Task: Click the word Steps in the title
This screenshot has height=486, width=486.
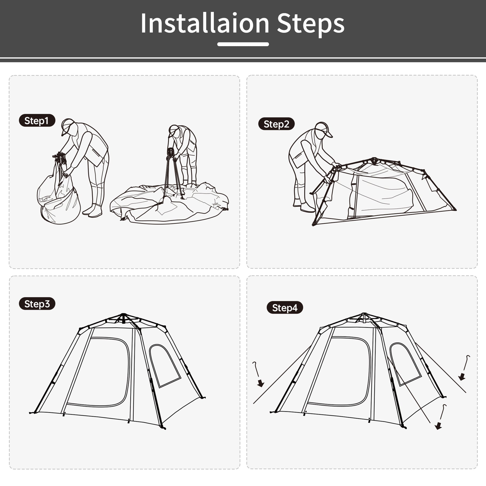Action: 311,25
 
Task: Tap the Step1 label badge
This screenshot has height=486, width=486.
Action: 37,121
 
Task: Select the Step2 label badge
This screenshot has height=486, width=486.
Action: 276,124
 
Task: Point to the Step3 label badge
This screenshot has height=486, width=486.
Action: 37,304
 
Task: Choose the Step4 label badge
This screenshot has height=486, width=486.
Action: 285,308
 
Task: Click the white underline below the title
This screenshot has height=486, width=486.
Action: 243,44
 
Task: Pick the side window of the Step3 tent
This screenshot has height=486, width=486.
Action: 165,365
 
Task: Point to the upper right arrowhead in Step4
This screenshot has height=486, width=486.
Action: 462,376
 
